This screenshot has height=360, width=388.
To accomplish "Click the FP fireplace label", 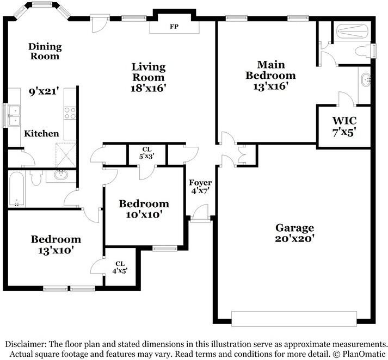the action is pos(174,27).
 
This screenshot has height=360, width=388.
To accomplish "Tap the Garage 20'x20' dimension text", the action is pos(294,239).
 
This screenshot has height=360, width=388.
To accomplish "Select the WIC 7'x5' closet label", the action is pos(344,126).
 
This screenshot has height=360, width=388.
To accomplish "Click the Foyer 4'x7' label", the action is pos(200,187).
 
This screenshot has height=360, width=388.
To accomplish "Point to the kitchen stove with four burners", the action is pos(70,113).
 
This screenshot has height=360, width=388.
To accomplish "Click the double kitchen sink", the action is pos(14,115).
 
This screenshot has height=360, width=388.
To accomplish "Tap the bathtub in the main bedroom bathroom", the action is pos(353,31).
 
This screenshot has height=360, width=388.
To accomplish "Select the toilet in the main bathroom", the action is pos(363,52).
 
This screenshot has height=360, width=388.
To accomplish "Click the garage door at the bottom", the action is pos(294,319).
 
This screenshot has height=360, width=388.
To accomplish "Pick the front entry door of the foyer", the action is pos(200,213).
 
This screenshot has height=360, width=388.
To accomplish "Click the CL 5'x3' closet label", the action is pos(147,153).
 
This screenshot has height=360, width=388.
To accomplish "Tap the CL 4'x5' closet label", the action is pos(120,267).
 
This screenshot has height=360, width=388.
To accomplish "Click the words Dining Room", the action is pos(45,51).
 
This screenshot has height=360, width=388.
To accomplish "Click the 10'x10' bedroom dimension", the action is pos(144,214).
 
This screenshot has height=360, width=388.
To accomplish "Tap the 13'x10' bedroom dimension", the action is pos(56,250).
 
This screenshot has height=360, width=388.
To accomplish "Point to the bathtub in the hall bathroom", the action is pos(16,189).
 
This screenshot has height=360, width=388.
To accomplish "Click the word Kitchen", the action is pos(41,134).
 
